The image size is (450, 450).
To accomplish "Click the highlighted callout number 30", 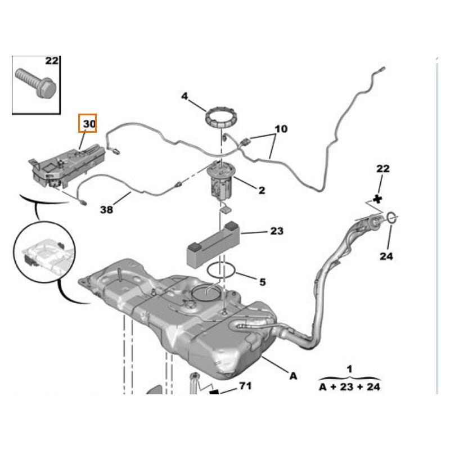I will pyautogui.click(x=88, y=123).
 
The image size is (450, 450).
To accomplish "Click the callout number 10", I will pyautogui.click(x=281, y=129).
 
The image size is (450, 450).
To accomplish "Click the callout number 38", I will pyautogui.click(x=106, y=209).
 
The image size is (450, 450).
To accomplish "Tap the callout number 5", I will pyautogui.click(x=262, y=282).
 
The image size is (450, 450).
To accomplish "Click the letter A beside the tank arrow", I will pyautogui.click(x=292, y=375).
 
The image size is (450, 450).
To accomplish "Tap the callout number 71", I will pyautogui.click(x=245, y=386).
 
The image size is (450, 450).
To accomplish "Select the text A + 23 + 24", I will pyautogui.click(x=349, y=387).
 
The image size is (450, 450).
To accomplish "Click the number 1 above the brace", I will pyautogui.click(x=349, y=370).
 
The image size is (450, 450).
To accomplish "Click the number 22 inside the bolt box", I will pyautogui.click(x=52, y=61).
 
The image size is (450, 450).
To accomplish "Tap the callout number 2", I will pyautogui.click(x=261, y=191).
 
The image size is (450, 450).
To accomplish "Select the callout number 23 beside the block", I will pyautogui.click(x=277, y=231).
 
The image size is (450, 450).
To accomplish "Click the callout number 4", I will pyautogui.click(x=184, y=97).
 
